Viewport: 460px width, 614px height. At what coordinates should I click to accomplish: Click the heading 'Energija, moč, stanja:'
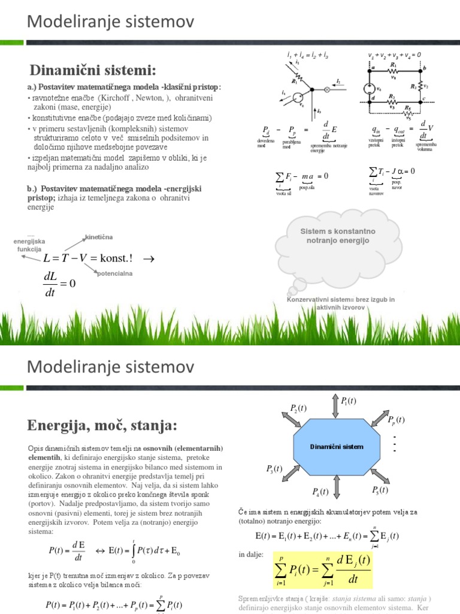point(102,426)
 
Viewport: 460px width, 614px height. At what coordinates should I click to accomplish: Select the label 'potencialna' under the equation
point(115,273)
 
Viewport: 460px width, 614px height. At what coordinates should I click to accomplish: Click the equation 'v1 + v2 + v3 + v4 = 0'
point(395,55)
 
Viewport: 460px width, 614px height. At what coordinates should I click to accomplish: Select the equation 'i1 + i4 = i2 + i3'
point(307,55)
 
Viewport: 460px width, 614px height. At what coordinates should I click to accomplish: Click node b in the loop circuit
point(423,70)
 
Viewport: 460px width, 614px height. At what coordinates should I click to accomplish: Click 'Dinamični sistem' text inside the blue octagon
point(336,447)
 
